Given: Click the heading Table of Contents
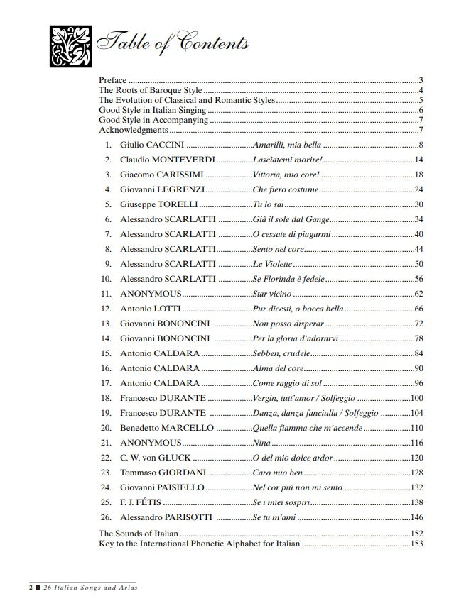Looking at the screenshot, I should tap(172, 43).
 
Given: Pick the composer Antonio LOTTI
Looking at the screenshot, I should tap(150, 309).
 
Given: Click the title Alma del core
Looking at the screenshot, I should tap(279, 368).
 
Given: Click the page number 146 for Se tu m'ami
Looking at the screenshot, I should tap(416, 517).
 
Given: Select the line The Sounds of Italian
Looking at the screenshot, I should tap(139, 534).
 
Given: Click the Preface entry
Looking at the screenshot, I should tap(112, 80).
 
